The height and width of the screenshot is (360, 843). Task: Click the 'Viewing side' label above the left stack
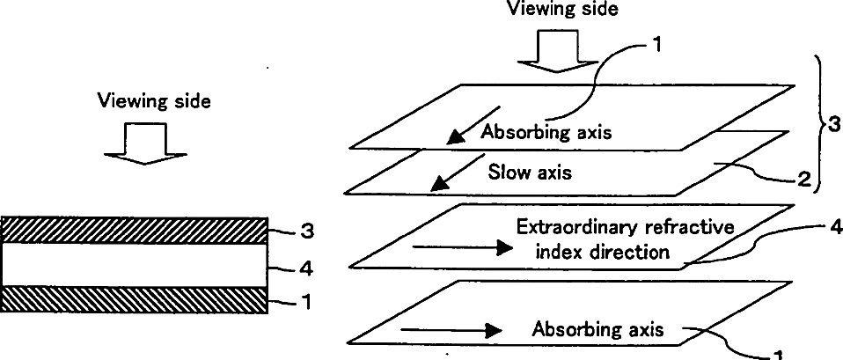click(x=155, y=101)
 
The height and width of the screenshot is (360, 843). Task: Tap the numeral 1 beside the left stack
click(x=306, y=302)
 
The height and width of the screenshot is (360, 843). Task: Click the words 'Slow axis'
click(x=530, y=172)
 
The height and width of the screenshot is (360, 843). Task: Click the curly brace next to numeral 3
click(x=814, y=123)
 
